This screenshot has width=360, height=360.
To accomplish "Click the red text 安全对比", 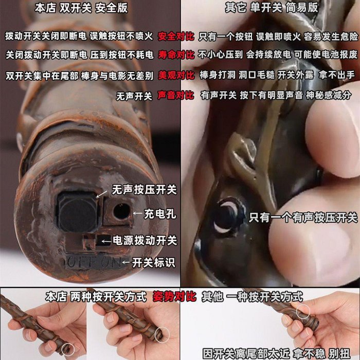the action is (x=176, y=37).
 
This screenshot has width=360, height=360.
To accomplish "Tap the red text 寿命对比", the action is (x=176, y=55).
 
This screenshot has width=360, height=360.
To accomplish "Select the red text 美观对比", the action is (x=176, y=75).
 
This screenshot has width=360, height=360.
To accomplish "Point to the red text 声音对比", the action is (x=176, y=96).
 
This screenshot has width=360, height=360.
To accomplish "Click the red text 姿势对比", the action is (x=174, y=297).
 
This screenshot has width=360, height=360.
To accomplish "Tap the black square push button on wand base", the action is (x=78, y=212).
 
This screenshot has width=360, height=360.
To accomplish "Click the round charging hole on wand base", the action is (x=122, y=211).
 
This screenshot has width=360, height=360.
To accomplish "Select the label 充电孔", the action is (x=160, y=214).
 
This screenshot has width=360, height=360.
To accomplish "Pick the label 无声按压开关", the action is (x=144, y=190).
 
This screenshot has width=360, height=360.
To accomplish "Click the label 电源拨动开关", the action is (x=145, y=241).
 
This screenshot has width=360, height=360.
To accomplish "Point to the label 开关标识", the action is (x=153, y=262).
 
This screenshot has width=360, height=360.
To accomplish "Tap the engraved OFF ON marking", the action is (x=95, y=262).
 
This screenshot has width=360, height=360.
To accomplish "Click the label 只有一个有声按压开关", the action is (x=303, y=218).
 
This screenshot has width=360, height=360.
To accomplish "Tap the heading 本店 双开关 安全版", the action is (x=81, y=8).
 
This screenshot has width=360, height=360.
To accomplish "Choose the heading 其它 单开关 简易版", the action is (x=272, y=8).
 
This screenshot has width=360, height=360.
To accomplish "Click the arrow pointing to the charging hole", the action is (x=137, y=213).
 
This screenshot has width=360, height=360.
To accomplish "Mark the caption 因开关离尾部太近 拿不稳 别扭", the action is (x=277, y=354).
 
